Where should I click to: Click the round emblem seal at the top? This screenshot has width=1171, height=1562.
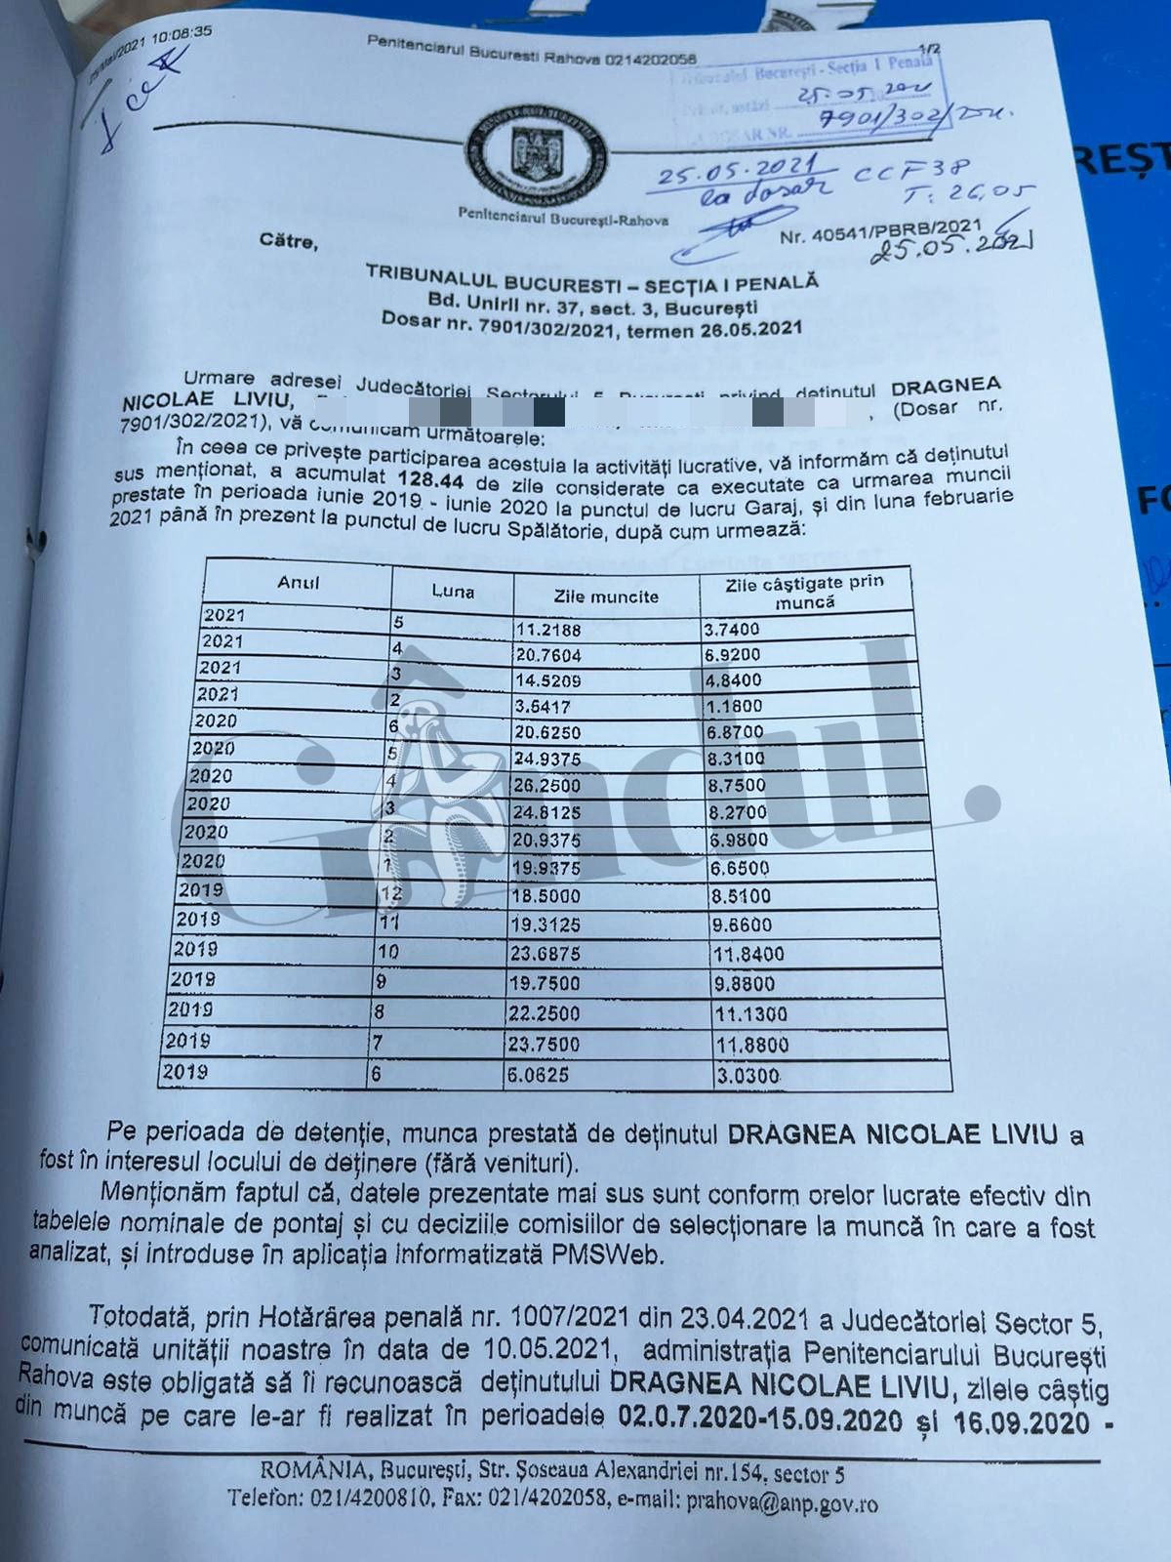[x=538, y=156]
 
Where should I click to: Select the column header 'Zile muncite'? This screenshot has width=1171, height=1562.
[x=606, y=596]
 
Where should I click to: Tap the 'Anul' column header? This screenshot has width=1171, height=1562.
[x=299, y=584]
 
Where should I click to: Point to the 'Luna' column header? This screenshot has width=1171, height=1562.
[x=453, y=591]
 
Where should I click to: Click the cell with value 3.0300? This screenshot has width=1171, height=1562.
[x=747, y=1076]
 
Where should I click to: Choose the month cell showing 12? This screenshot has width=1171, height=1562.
[x=391, y=892]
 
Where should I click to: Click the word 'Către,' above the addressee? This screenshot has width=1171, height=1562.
[x=289, y=239]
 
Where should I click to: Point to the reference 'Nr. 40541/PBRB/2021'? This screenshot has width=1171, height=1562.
[x=881, y=230]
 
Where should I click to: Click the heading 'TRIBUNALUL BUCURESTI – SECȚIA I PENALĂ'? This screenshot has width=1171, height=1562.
[x=591, y=277]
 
